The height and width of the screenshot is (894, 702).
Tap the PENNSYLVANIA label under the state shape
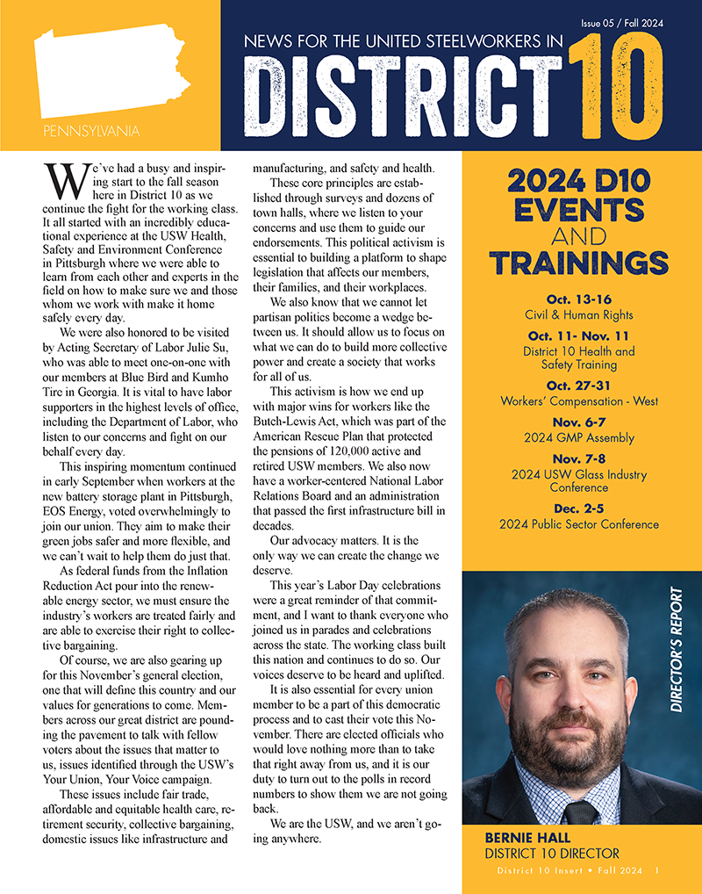click(90, 133)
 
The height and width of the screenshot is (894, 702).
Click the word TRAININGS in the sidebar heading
click(579, 263)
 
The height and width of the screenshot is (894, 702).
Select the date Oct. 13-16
click(579, 299)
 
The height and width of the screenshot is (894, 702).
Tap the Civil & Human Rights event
click(579, 314)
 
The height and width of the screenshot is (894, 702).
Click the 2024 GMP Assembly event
click(579, 437)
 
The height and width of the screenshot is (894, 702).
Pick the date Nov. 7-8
click(579, 459)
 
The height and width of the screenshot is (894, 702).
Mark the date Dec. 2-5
click(579, 509)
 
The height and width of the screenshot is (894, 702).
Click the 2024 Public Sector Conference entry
click(579, 524)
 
